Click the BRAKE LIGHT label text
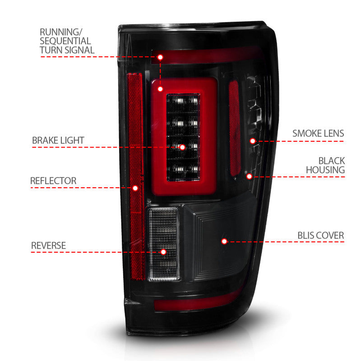(x=58, y=140)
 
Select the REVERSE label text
(x=48, y=245)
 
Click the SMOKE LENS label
(x=318, y=133)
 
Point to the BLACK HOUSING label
(x=325, y=165)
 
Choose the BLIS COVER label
(x=320, y=235)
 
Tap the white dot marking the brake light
(x=182, y=147)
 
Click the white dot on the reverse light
(x=163, y=252)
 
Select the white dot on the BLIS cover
(x=224, y=241)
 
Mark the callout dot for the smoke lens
(x=253, y=141)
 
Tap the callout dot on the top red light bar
(x=160, y=57)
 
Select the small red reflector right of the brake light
(x=234, y=129)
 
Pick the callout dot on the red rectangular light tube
(x=160, y=89)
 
